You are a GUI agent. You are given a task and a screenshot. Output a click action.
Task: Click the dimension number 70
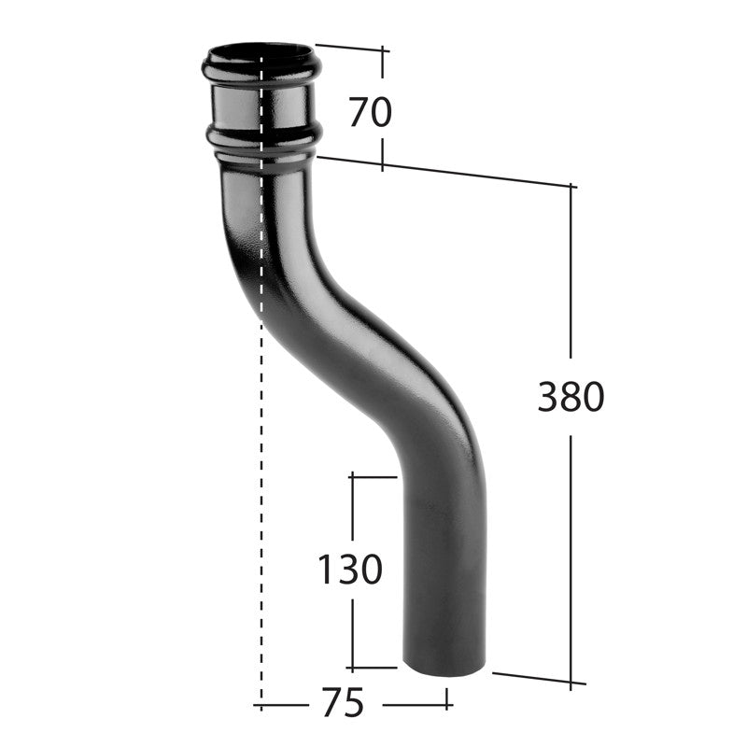click(370, 112)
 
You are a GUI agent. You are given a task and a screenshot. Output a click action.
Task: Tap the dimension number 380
click(571, 398)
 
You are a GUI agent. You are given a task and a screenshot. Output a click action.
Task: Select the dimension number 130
click(350, 569)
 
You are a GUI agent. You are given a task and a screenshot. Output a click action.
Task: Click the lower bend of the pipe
click(448, 439)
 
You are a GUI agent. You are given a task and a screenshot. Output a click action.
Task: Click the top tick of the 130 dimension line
click(373, 476)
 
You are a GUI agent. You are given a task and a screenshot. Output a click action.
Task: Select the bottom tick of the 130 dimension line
click(373, 669)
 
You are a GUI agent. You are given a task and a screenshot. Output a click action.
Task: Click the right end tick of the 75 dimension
click(448, 698)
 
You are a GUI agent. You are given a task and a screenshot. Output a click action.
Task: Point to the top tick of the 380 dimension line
click(571, 187)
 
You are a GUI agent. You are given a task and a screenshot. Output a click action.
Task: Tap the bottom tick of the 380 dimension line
click(571, 683)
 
